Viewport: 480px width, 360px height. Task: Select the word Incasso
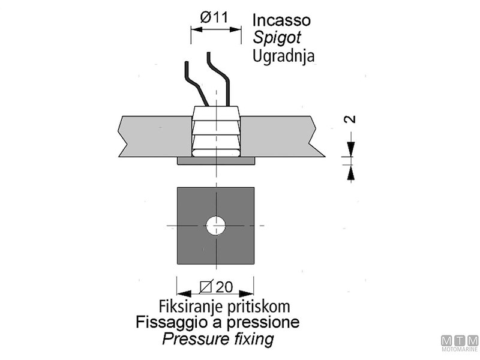tap(281, 20)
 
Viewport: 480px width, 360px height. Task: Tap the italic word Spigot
tap(277, 38)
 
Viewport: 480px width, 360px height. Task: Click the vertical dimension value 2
tap(352, 118)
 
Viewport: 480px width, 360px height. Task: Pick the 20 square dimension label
tap(217, 287)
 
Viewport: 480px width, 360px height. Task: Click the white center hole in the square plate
tap(215, 226)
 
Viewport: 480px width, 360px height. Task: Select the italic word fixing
tap(253, 340)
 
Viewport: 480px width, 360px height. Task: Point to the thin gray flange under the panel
tap(183, 161)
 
